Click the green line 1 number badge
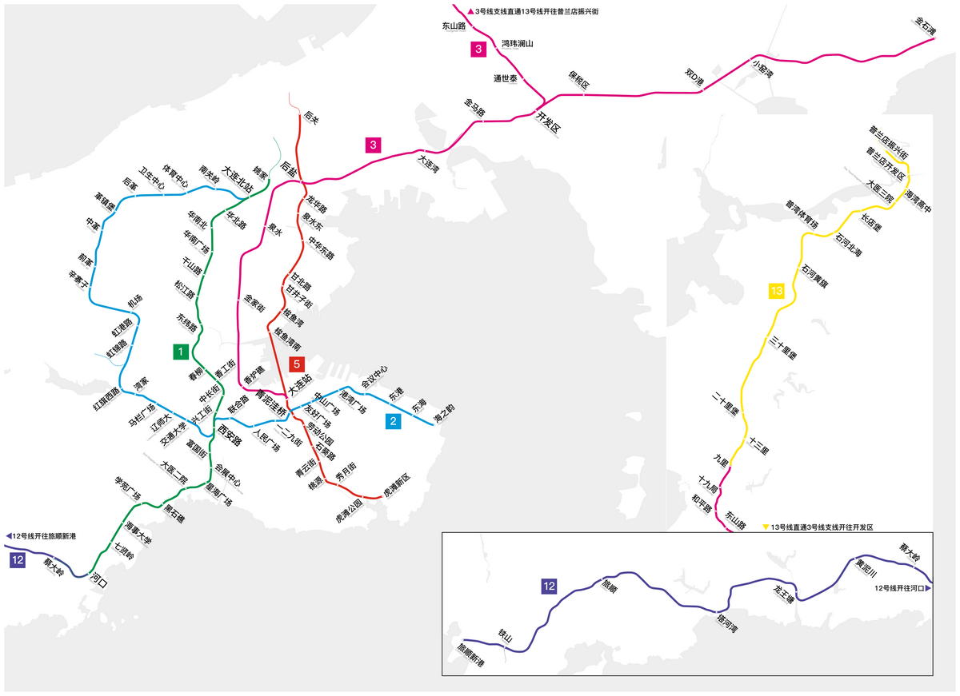(182, 351)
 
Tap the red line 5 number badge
(297, 364)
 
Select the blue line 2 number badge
(393, 421)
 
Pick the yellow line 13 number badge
(777, 291)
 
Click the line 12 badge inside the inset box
(549, 587)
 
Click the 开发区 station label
(549, 122)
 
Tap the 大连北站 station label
(238, 179)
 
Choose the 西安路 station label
(230, 436)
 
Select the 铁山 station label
(505, 637)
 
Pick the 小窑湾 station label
(763, 66)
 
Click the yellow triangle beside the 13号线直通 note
(766, 527)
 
